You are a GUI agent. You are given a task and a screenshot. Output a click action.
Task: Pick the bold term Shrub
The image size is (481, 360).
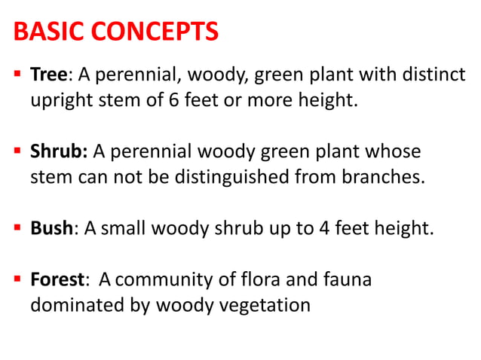coord(58,152)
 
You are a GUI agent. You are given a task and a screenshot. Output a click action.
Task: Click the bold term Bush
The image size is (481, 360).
coord(51,229)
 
